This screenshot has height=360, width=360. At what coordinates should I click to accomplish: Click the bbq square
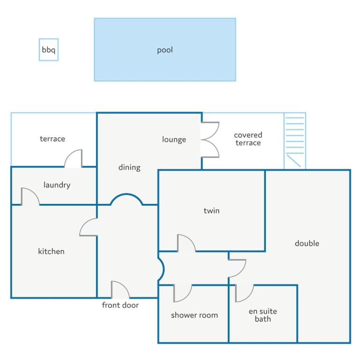click(x=49, y=50)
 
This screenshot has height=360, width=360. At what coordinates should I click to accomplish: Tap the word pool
click(x=165, y=50)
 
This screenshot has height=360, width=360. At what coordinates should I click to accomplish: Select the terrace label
click(x=52, y=139)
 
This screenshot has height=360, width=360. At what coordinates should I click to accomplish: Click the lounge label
click(x=174, y=140)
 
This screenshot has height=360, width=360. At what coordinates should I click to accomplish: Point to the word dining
click(x=129, y=168)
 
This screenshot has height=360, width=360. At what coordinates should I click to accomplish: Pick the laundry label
click(x=57, y=185)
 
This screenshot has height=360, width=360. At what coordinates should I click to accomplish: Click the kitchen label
click(x=51, y=251)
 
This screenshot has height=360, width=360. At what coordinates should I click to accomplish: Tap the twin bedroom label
click(x=211, y=210)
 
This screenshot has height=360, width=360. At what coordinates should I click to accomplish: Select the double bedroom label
click(x=307, y=243)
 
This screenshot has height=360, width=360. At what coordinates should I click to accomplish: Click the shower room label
click(x=195, y=315)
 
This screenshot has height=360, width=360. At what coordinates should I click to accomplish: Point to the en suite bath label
click(x=263, y=315)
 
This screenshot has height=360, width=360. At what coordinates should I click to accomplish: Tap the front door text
click(x=120, y=305)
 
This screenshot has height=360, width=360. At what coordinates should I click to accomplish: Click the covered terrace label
click(x=248, y=139)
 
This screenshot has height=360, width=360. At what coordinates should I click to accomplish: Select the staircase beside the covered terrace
click(x=295, y=141)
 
